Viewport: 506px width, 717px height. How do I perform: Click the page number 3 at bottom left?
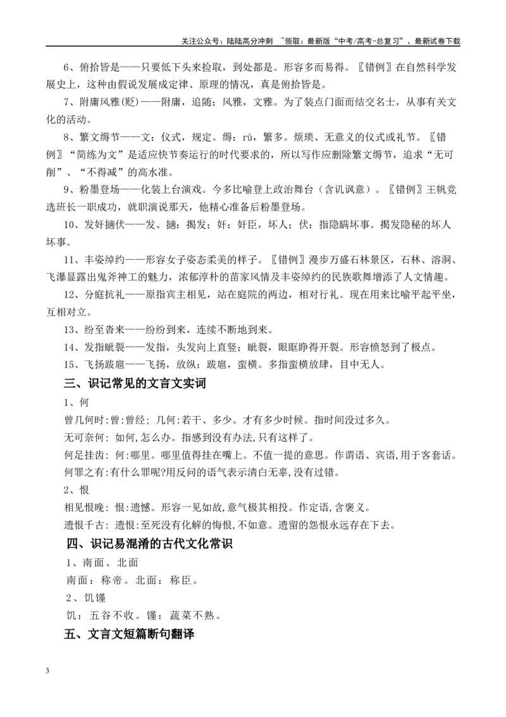pos(47,671)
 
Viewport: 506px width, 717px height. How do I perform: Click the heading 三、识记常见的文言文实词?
pos(135,383)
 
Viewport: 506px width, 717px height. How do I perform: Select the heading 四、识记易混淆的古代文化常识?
pos(150,543)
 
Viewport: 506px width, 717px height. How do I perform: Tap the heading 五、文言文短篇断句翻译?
pos(129,634)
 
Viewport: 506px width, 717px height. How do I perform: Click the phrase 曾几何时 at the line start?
pos(84,420)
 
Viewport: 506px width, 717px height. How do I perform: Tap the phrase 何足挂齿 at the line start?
pos(84,455)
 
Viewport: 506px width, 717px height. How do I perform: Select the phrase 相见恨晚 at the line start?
pos(84,507)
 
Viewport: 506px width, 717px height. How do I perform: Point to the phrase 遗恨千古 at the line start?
pos(84,524)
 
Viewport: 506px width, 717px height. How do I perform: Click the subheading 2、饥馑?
pos(86,598)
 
